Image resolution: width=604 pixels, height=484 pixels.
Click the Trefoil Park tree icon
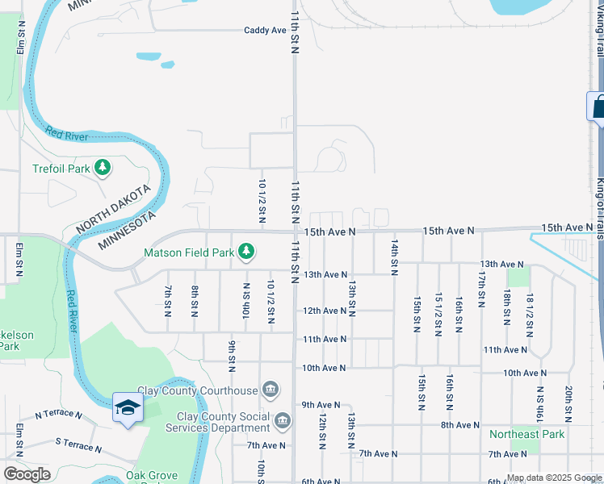point(103,168)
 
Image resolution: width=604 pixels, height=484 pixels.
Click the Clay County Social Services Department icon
point(282,420)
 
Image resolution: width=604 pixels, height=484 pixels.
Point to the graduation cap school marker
point(128,408)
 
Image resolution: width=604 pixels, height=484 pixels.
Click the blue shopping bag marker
point(598,106)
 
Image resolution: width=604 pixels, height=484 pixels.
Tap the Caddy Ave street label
point(266,31)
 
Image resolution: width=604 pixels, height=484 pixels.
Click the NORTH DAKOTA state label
point(113,210)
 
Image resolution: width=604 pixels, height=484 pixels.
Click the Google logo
point(27,474)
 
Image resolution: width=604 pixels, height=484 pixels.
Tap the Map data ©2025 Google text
point(554,478)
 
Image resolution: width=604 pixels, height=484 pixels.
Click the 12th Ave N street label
point(325,311)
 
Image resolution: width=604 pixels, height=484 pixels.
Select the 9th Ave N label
point(321,404)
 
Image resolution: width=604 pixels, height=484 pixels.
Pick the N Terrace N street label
point(58,415)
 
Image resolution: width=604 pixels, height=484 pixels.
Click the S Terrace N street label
point(78,444)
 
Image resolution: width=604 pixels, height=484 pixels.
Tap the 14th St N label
point(394,257)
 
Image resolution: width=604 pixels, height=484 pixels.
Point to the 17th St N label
point(481,288)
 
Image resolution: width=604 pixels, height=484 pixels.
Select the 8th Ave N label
point(460,424)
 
